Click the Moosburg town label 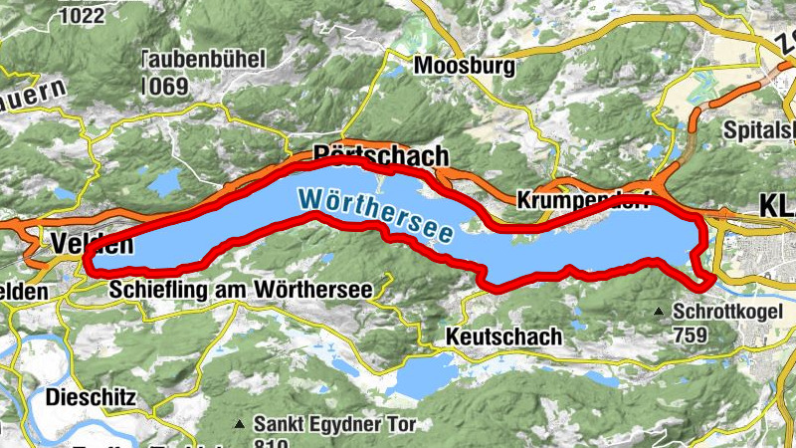point(466,67)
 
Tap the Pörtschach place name point(380,156)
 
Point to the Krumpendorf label point(582,200)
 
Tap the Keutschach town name point(504,336)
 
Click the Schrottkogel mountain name point(734,312)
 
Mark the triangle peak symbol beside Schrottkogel point(659,313)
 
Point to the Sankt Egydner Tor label point(336,422)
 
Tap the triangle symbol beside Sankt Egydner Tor point(238,424)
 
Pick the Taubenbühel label point(206,59)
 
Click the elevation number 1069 point(164,86)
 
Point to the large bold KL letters point(776,206)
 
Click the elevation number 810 point(272,442)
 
